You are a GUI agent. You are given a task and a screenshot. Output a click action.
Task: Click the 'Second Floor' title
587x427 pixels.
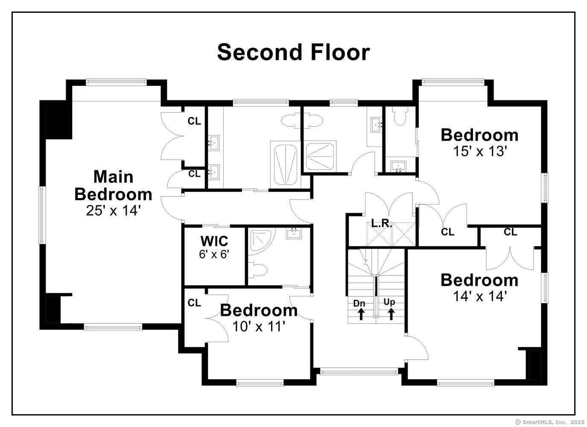[x=293, y=52]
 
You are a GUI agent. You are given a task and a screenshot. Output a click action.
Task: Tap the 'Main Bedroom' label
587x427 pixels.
[x=113, y=185]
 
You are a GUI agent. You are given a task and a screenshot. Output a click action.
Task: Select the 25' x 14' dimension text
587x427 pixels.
[x=113, y=211]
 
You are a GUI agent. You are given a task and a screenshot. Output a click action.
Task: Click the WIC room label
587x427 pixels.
[x=214, y=241]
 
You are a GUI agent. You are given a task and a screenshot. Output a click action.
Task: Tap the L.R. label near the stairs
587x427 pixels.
[x=382, y=223]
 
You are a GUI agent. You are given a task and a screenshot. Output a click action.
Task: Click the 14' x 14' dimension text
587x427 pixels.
[x=479, y=296]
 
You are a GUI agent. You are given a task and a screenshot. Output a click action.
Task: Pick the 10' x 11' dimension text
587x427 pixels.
[x=258, y=327]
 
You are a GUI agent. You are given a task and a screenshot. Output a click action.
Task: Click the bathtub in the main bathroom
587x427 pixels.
[x=285, y=164]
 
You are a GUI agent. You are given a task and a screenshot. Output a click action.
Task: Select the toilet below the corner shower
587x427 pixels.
[x=258, y=270]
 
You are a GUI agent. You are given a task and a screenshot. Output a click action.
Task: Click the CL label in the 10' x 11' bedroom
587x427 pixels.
[x=194, y=303]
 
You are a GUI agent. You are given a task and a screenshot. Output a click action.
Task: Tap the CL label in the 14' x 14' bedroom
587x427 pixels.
[x=510, y=232]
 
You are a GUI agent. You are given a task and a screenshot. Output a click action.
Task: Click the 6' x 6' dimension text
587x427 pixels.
[x=214, y=254]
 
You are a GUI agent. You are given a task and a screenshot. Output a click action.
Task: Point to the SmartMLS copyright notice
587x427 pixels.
[x=549, y=422]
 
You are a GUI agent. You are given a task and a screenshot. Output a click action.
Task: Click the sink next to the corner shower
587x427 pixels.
[x=294, y=234]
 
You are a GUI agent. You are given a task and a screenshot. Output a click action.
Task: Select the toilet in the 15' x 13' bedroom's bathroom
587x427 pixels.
[x=400, y=117]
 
